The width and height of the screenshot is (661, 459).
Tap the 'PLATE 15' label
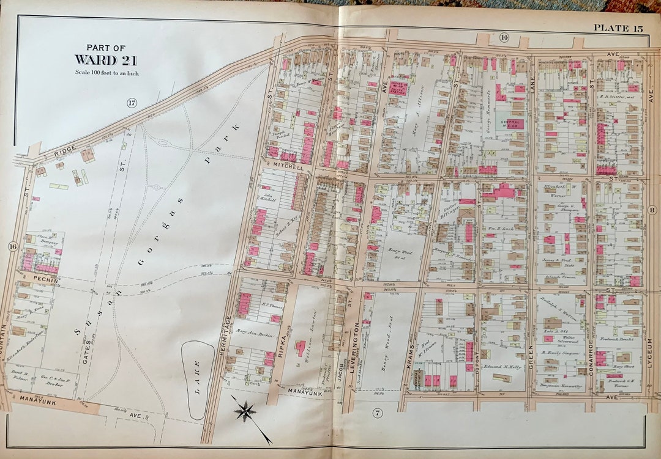click(618, 28)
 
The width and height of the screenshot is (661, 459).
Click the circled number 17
click(132, 103)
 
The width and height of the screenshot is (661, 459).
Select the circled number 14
click(504, 38)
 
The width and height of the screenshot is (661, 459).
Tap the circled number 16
click(12, 246)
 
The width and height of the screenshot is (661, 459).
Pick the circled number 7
click(378, 413)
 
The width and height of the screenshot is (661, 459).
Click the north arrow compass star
click(244, 410)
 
